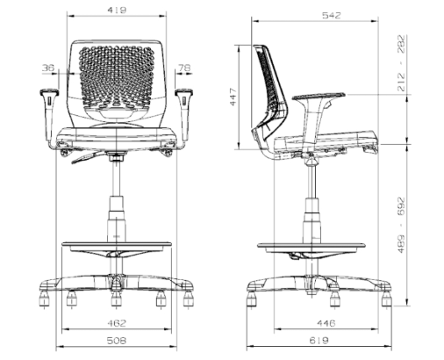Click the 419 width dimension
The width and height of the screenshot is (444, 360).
(x=117, y=10)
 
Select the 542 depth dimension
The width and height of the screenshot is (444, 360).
(x=332, y=15)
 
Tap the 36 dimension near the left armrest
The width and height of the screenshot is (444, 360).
(x=48, y=68)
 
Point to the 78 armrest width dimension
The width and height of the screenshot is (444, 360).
(x=184, y=68)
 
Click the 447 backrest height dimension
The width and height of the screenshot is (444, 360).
(x=233, y=97)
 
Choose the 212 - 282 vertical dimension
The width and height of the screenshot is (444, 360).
(x=402, y=63)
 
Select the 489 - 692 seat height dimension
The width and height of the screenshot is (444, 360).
(x=402, y=225)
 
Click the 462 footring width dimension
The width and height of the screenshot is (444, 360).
(x=117, y=323)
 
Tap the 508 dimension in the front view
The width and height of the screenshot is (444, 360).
(x=117, y=341)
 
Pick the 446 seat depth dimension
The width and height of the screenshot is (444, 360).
(x=326, y=323)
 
